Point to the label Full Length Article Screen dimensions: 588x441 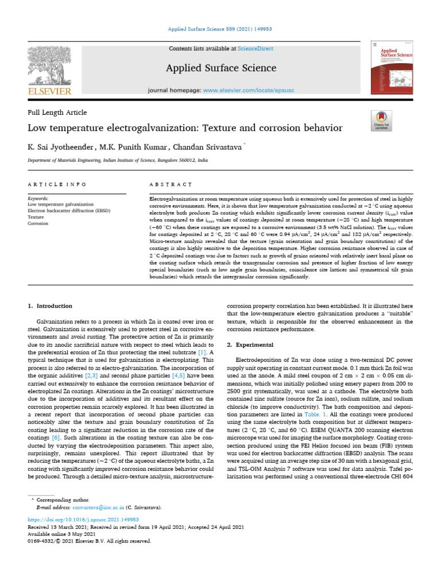pos(57,113)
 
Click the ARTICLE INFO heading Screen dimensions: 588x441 pos(57,184)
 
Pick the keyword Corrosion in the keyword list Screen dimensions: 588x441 pos(39,224)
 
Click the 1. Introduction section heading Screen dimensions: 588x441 pos(51,306)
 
